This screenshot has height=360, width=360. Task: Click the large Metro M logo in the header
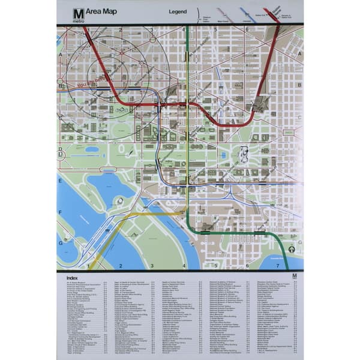click(x=78, y=14)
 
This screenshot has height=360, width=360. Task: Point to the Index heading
click(x=72, y=278)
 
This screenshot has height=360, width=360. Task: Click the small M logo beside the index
click(x=294, y=277)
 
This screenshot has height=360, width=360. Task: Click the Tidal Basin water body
click(x=108, y=186)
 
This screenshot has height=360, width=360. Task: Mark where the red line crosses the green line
click(x=188, y=105)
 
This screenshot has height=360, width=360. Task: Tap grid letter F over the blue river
click(x=60, y=211)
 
